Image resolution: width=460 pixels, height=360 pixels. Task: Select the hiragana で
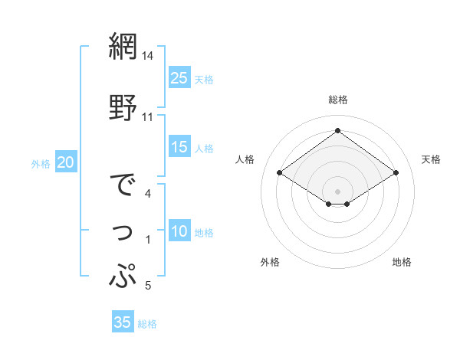(x=123, y=188)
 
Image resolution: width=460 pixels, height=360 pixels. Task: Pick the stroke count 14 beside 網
(x=148, y=56)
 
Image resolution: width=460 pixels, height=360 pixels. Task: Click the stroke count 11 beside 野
(x=148, y=117)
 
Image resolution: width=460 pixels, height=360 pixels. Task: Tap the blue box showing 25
(x=179, y=78)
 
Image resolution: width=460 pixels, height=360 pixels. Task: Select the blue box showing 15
(x=179, y=147)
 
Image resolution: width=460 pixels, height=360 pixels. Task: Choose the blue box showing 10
(x=179, y=231)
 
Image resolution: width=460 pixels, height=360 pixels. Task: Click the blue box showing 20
(x=66, y=162)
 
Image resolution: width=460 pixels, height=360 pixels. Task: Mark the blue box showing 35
(x=123, y=322)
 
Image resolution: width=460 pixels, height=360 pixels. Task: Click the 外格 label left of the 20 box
(x=41, y=163)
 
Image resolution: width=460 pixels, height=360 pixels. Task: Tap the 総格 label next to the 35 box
(x=147, y=324)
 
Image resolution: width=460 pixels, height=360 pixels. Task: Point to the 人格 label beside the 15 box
(x=204, y=149)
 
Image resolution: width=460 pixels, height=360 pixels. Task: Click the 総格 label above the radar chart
(x=337, y=100)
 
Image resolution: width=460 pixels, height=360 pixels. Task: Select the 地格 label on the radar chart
(x=402, y=262)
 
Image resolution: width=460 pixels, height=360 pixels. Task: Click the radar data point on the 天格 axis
(x=396, y=173)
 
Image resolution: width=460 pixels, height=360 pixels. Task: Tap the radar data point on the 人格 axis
(x=280, y=173)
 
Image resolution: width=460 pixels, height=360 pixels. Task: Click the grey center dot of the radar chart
(x=337, y=190)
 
